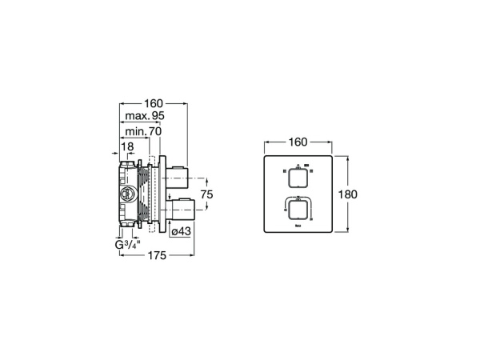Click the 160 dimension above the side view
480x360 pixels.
pyautogui.click(x=153, y=103)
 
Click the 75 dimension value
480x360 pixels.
pyautogui.click(x=206, y=194)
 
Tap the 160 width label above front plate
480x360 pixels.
pyautogui.click(x=298, y=142)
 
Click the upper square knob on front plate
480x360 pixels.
pyautogui.click(x=297, y=176)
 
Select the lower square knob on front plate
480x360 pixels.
pyautogui.click(x=297, y=210)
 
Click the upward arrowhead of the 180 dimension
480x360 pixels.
pyautogui.click(x=347, y=158)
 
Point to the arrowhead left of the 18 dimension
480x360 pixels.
pyautogui.click(x=114, y=154)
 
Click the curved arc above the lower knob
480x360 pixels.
pyautogui.click(x=297, y=197)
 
